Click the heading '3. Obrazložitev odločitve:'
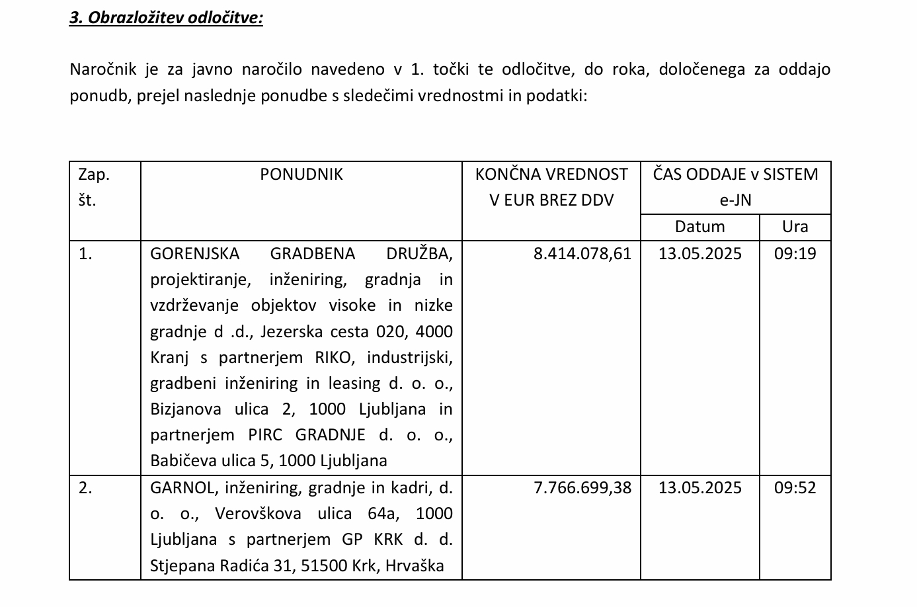[x=166, y=17]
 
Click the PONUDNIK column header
[x=301, y=174]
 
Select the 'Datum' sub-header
[x=699, y=227]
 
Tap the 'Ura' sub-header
[x=795, y=227]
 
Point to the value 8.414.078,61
[x=582, y=253]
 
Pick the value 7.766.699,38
[x=582, y=487]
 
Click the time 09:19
[x=795, y=253]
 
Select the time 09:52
[x=795, y=487]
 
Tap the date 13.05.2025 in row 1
[x=700, y=253]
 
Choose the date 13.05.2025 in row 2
[x=700, y=487]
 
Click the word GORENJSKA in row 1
[x=194, y=254]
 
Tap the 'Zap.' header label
[x=94, y=175]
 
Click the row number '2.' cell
[x=85, y=488]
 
